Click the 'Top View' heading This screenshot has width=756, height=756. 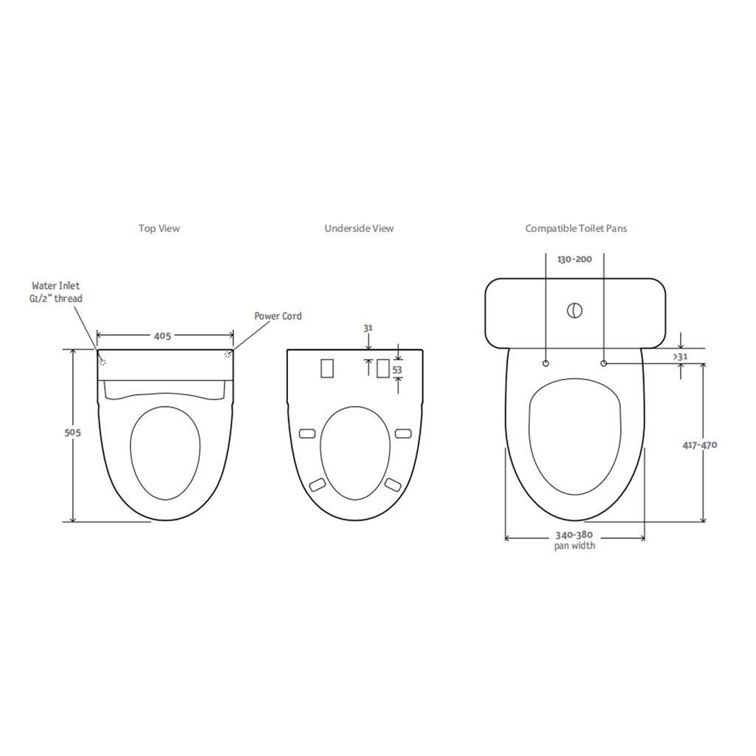pos(159,229)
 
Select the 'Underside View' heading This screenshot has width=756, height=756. pos(359,229)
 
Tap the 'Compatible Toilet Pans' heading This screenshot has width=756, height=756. pos(576,229)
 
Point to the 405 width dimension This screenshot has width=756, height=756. pos(162,336)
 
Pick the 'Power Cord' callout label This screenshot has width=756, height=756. pos(278,316)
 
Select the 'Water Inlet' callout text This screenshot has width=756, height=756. pos(56,285)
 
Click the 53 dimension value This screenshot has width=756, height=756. pos(397,370)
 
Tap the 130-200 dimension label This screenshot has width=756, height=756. pos(574,259)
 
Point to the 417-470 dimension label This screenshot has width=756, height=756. pos(700,444)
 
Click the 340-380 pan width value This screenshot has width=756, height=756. pos(574,535)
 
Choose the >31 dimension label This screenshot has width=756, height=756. pos(681,357)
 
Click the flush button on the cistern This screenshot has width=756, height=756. pos(574,311)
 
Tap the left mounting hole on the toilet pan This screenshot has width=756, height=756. pos(546,363)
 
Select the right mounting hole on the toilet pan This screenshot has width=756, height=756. pos(604,363)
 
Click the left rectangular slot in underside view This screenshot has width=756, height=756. pos(328,368)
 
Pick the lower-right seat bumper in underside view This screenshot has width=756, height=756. pos(392,484)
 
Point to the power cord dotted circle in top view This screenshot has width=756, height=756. pos(227,356)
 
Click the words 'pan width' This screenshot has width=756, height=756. pos(574,546)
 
